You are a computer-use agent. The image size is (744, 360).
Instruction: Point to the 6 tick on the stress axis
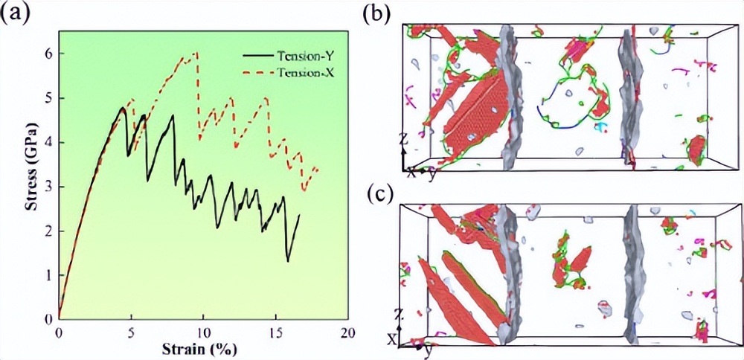[x=49, y=54]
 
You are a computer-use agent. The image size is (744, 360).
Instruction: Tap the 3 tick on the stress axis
[x=49, y=187]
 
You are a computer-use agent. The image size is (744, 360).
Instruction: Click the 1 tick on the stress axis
[x=49, y=275]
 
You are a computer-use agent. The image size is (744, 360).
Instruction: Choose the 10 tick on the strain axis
[x=202, y=332]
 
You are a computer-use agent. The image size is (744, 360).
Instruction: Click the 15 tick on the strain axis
[x=275, y=332]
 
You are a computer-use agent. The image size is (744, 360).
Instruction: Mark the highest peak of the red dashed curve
[x=196, y=53]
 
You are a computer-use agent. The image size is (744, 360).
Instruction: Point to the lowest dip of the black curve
[x=288, y=261]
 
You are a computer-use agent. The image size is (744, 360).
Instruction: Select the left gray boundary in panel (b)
[x=510, y=97]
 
